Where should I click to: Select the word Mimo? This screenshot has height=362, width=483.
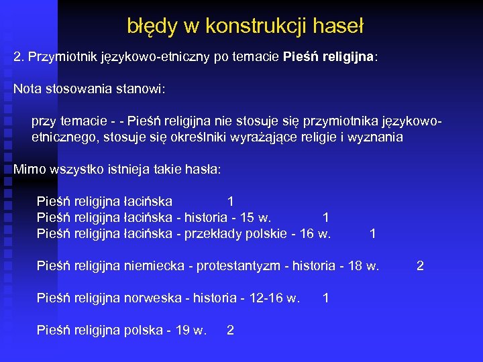pos(28,170)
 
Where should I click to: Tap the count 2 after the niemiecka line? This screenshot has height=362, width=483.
pos(420,266)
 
